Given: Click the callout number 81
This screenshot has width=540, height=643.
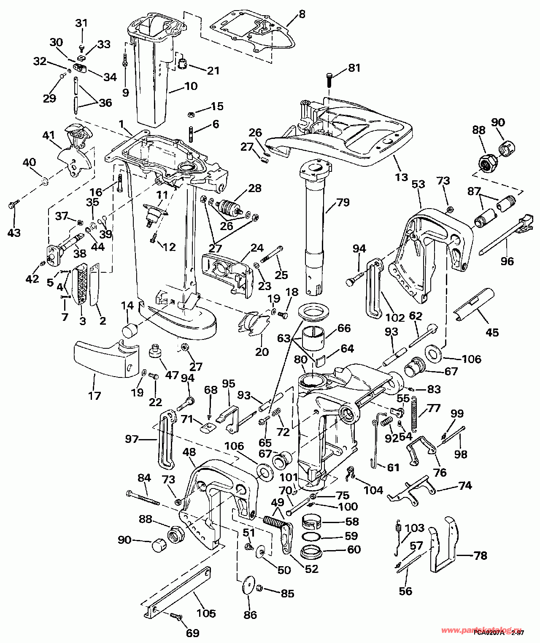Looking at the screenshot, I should pos(354,68).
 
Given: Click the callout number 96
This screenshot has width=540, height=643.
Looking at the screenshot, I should pos(507,261).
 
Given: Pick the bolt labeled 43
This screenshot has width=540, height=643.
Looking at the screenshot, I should pos(13,206).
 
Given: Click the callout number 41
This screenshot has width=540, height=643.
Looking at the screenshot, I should pos(49,136).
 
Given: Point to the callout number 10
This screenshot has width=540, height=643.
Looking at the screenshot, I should pos(191,86).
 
